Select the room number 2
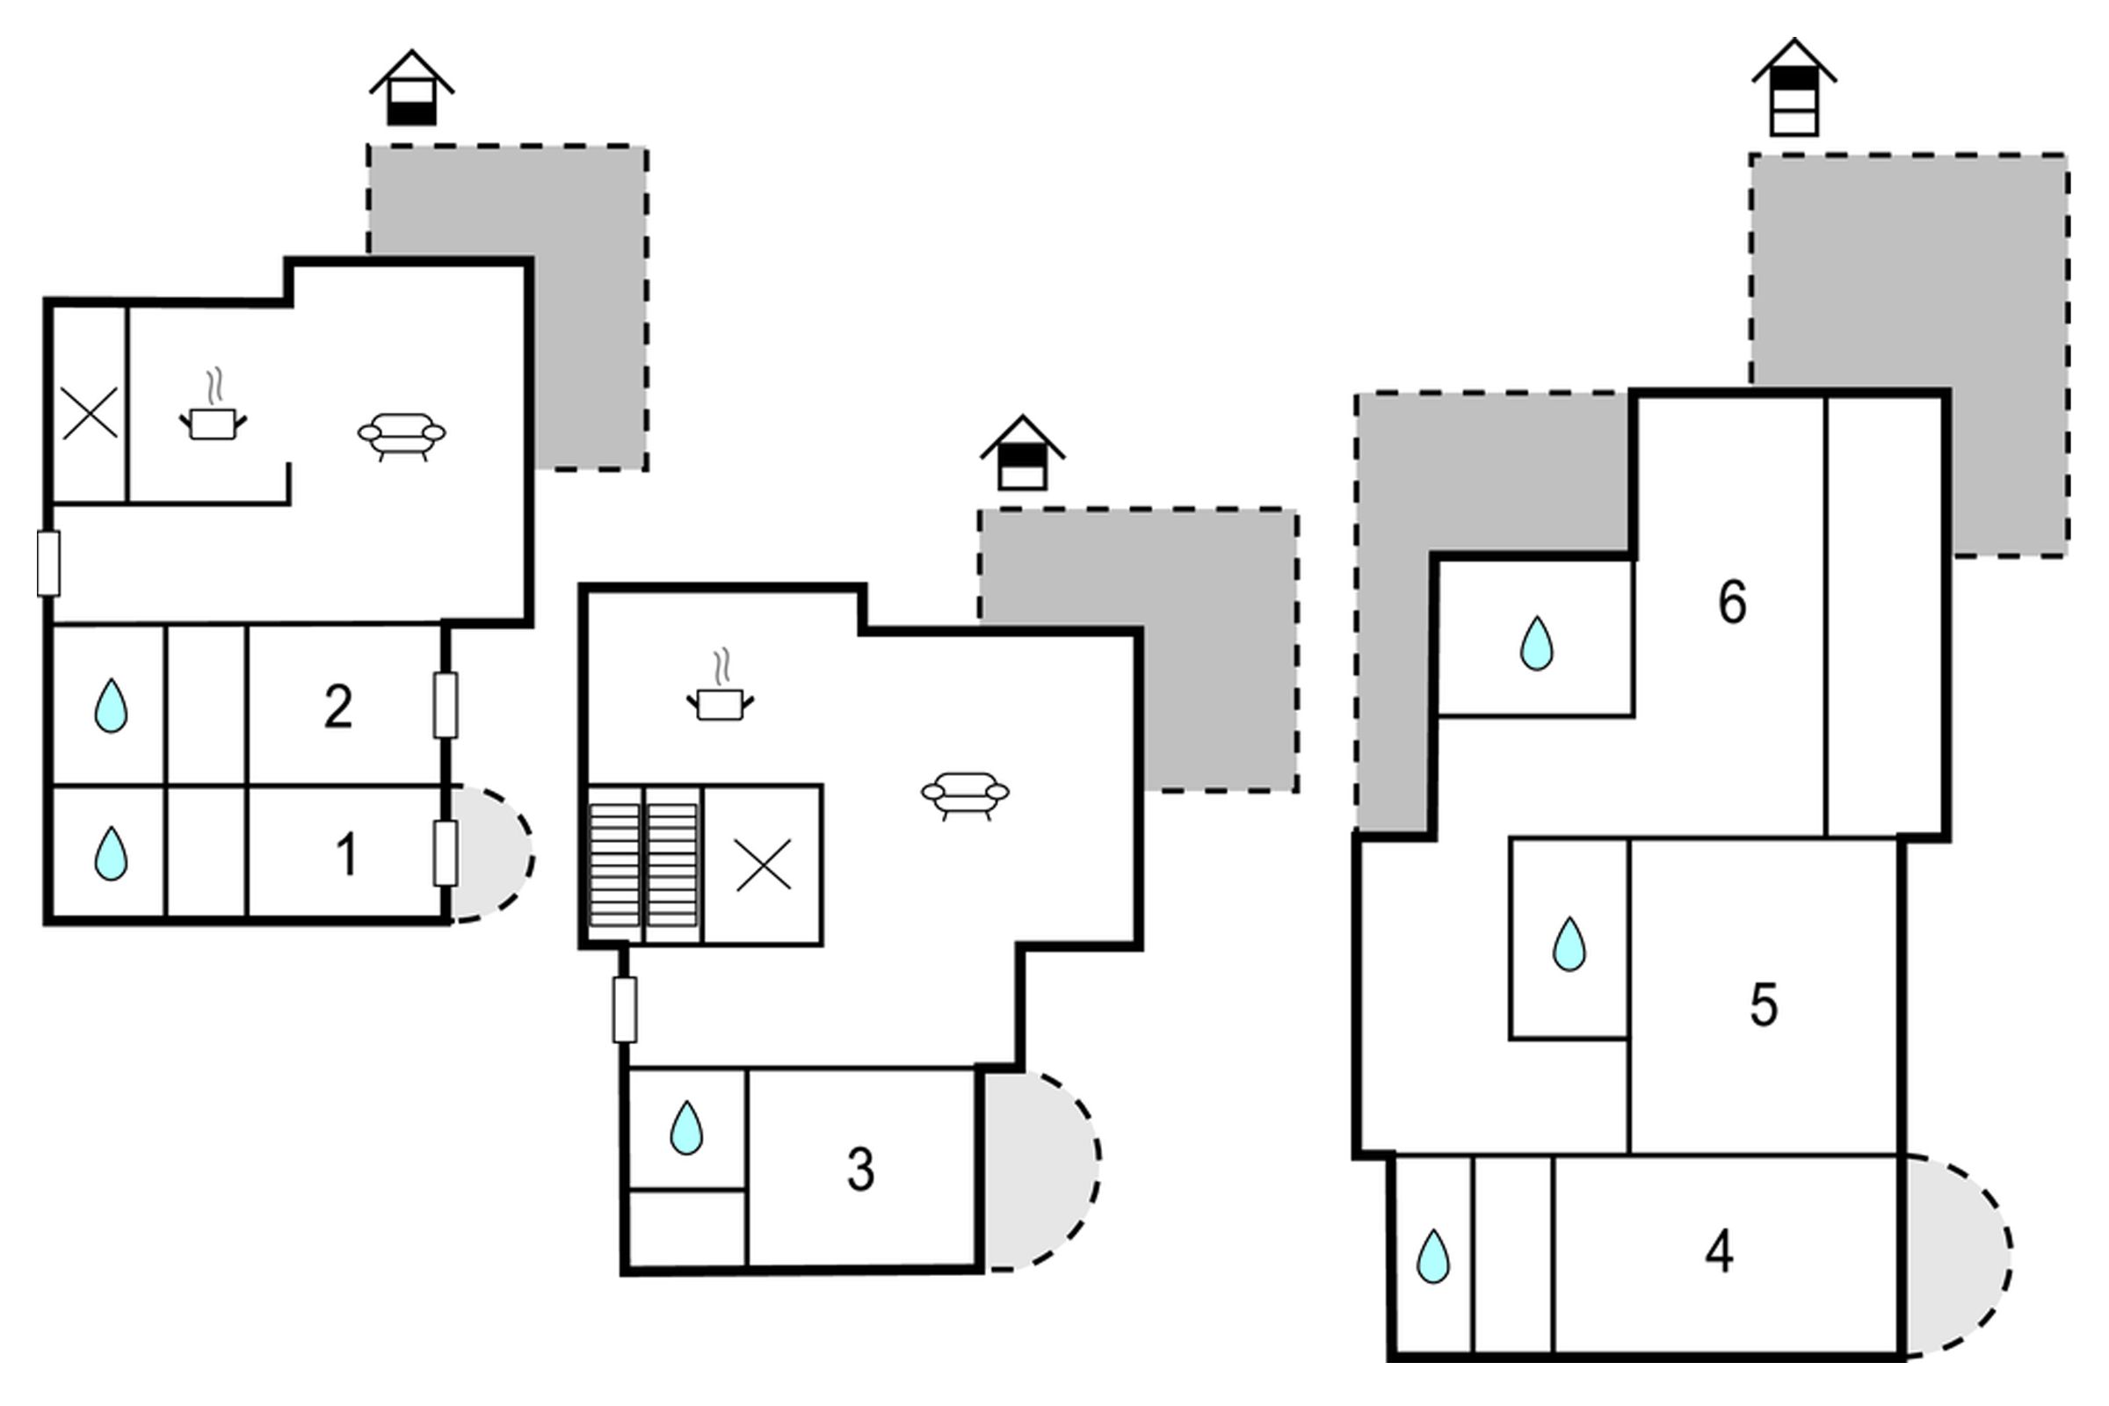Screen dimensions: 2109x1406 tap(338, 707)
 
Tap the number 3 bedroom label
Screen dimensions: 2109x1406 tap(861, 1170)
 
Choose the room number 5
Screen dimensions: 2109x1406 tap(1764, 1005)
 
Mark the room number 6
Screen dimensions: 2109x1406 tap(1732, 602)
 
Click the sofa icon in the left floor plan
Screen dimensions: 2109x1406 tap(402, 437)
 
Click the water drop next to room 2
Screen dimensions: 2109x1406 tap(112, 706)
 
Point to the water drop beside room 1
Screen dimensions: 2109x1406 tap(112, 853)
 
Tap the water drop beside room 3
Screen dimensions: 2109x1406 tap(687, 1127)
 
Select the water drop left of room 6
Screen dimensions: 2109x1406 tap(1537, 643)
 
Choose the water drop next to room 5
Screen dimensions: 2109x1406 tap(1569, 943)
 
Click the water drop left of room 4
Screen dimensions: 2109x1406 tap(1433, 1257)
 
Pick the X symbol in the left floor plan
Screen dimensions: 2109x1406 tap(91, 413)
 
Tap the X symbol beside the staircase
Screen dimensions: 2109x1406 tap(764, 866)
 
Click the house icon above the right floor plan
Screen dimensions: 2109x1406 tap(1794, 87)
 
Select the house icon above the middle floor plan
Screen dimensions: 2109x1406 tap(1022, 452)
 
